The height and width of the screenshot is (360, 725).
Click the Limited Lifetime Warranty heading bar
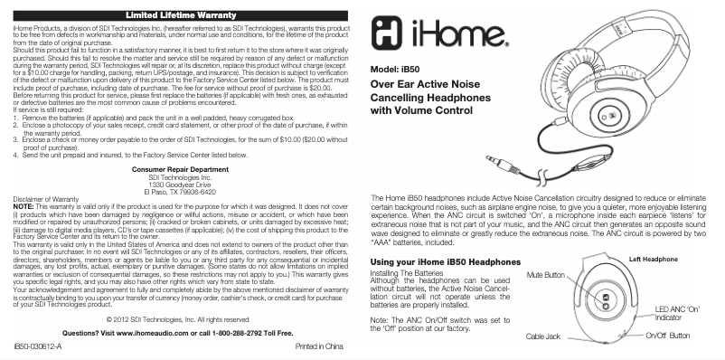[x=180, y=15]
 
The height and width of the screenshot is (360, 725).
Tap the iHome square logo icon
[x=391, y=42]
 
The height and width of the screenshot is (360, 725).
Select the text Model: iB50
[x=396, y=70]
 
